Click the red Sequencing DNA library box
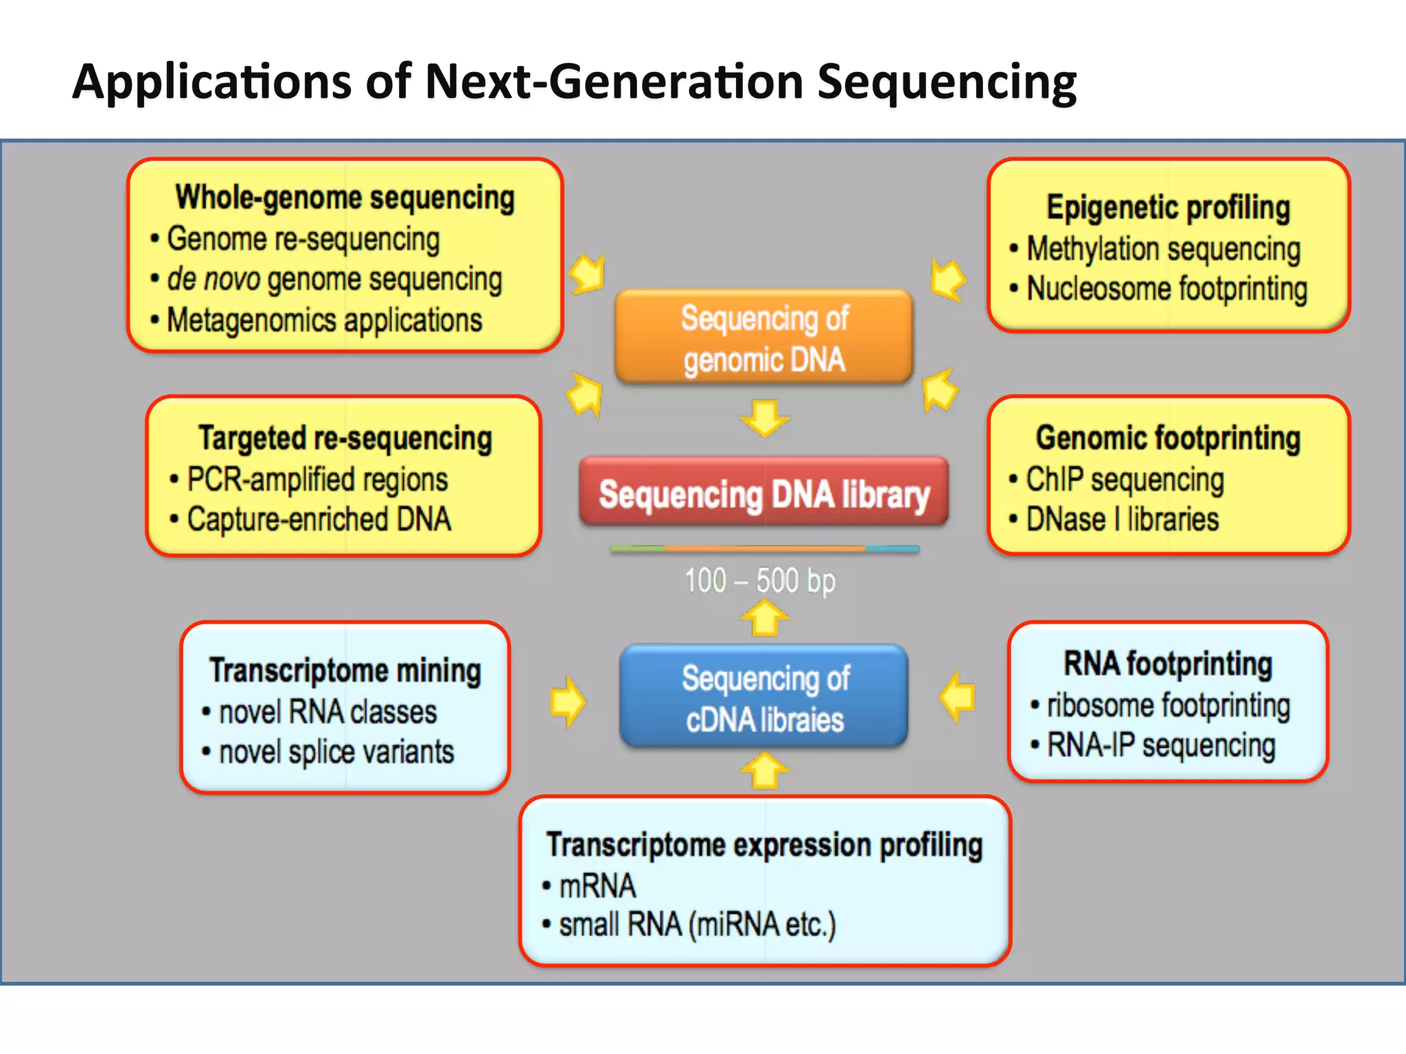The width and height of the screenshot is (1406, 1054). pyautogui.click(x=763, y=493)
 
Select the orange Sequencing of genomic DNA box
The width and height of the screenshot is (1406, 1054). pyautogui.click(x=763, y=338)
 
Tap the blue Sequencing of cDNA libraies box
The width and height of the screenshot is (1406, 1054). pyautogui.click(x=763, y=697)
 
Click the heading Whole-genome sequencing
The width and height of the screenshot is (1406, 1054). pyautogui.click(x=345, y=198)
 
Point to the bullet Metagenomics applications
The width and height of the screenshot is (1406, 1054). pyautogui.click(x=324, y=320)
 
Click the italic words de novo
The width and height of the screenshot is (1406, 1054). pyautogui.click(x=214, y=279)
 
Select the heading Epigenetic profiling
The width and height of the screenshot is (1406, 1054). pyautogui.click(x=1168, y=207)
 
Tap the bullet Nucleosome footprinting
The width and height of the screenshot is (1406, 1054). pyautogui.click(x=1166, y=289)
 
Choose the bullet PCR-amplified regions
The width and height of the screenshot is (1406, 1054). pyautogui.click(x=317, y=479)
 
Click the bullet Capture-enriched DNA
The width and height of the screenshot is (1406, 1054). pyautogui.click(x=319, y=519)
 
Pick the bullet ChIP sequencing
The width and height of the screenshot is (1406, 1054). pyautogui.click(x=1125, y=479)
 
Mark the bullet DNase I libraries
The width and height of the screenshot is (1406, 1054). pyautogui.click(x=1122, y=519)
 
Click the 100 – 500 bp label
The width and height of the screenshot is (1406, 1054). pyautogui.click(x=760, y=581)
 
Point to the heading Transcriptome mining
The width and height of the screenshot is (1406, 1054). pyautogui.click(x=345, y=670)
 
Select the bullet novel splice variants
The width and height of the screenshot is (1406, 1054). pyautogui.click(x=336, y=752)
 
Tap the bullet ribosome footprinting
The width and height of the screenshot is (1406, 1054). pyautogui.click(x=1168, y=705)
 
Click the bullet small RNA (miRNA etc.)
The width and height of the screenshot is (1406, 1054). pyautogui.click(x=698, y=924)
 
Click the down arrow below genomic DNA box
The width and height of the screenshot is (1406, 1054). pyautogui.click(x=764, y=418)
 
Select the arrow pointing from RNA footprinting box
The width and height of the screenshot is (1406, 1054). pyautogui.click(x=957, y=697)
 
